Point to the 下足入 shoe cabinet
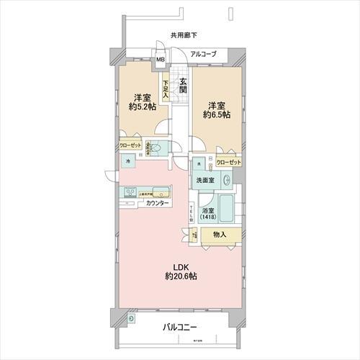pos(166,86)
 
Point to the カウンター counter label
pos(157,204)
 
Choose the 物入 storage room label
pos(220,235)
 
